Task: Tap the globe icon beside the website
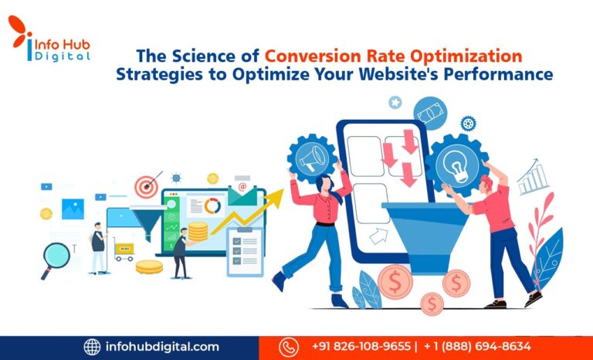coord(93,347)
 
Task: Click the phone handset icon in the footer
coord(289,347)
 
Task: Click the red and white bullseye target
coord(144,186)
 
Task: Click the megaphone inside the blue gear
coord(313,157)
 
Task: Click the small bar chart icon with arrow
coord(532,178)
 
